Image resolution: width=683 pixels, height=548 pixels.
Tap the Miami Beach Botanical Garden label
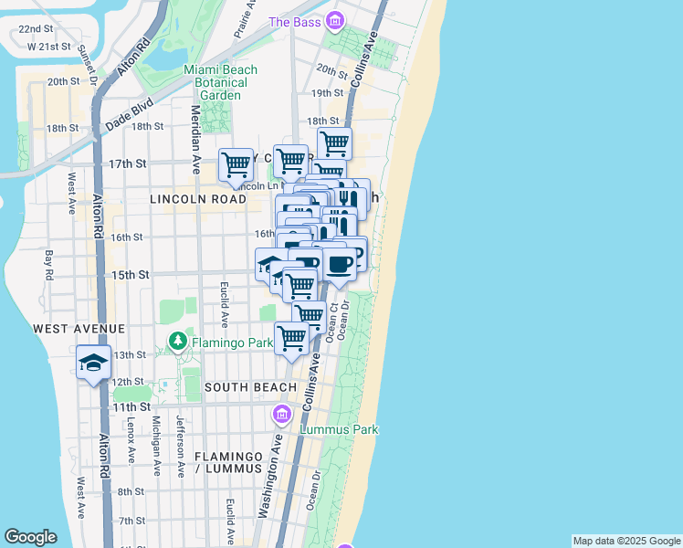coord(220,82)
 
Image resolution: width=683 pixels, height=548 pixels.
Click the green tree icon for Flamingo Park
coord(177,343)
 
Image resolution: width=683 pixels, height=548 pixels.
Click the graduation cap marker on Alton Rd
coord(93,364)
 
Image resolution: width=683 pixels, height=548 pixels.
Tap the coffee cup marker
coord(340,265)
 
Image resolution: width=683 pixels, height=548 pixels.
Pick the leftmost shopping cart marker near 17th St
coord(236,165)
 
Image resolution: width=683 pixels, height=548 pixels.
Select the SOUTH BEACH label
coord(250,387)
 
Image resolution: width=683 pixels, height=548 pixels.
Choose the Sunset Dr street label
coord(88,64)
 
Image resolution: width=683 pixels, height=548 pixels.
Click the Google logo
coord(30,537)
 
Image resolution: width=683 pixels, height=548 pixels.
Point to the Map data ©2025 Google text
coord(626,541)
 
